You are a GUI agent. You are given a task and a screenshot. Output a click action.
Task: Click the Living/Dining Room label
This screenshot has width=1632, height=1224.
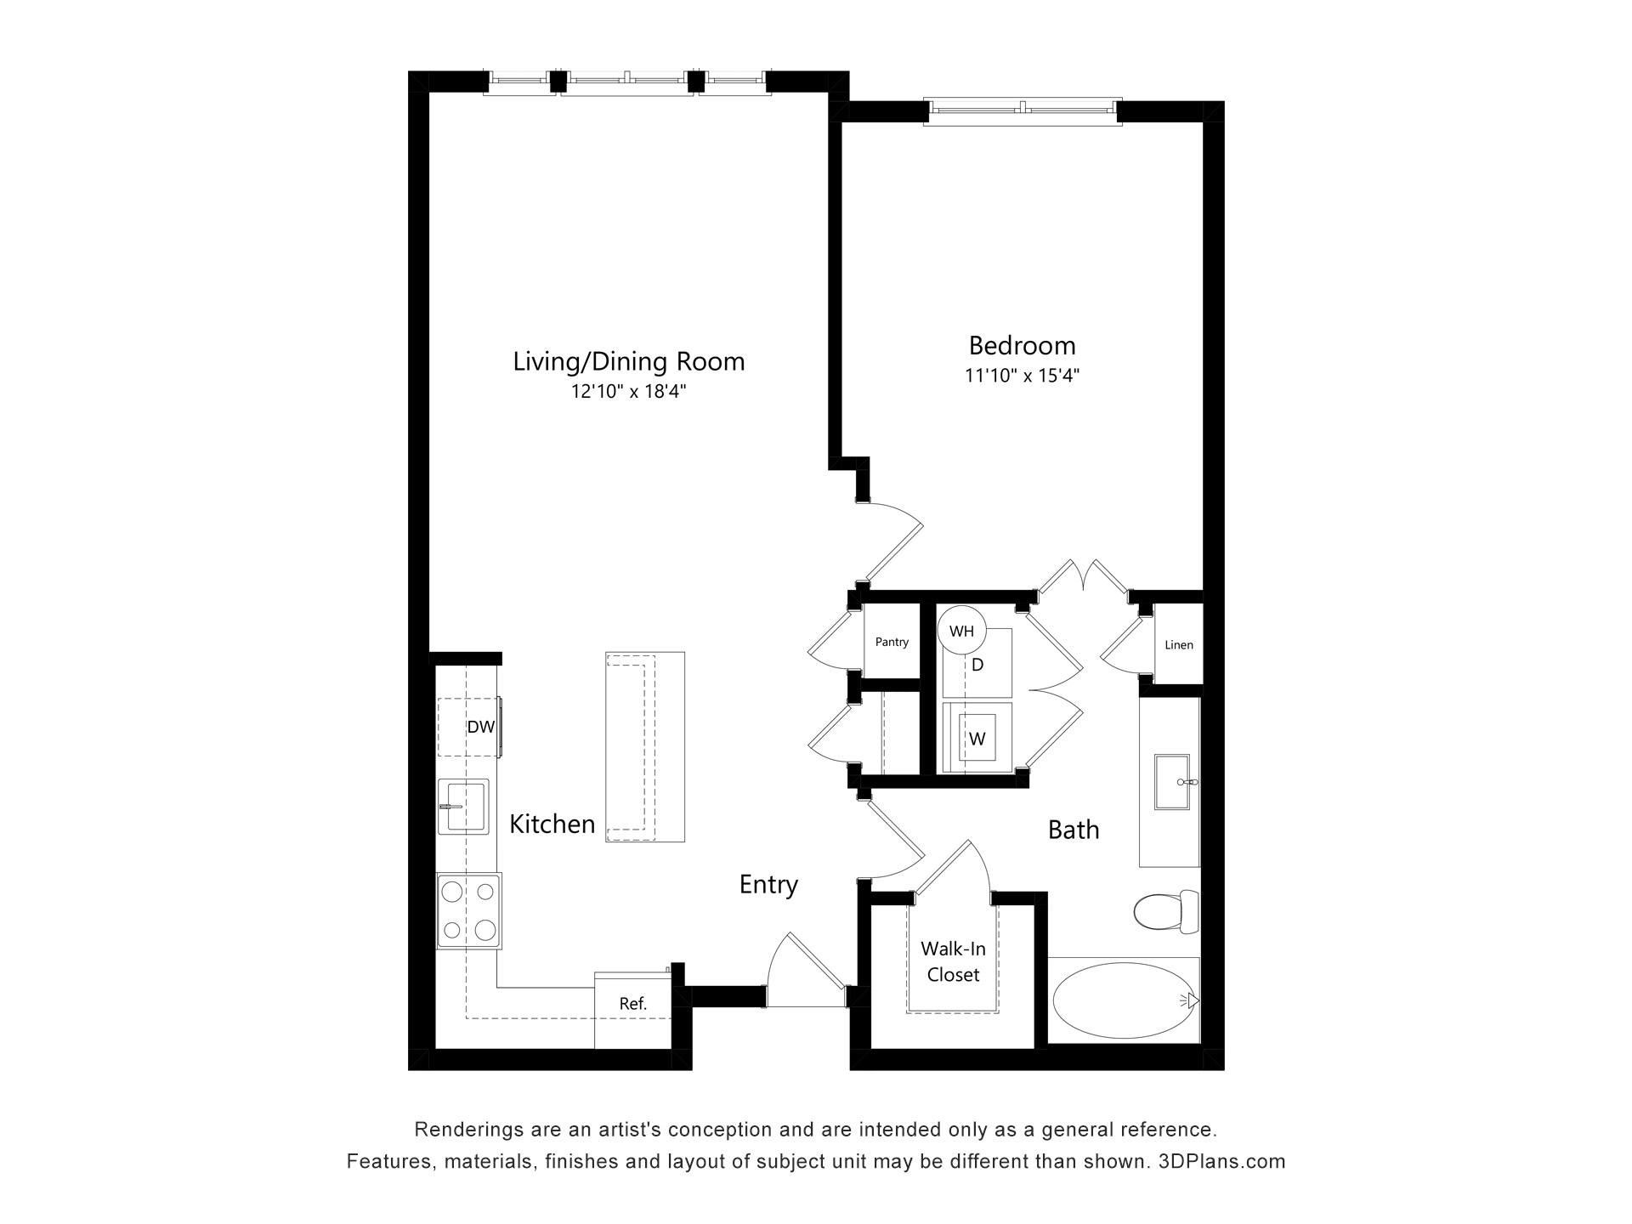628,362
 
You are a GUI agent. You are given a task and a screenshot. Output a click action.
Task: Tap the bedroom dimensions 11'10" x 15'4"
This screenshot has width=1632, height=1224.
1022,376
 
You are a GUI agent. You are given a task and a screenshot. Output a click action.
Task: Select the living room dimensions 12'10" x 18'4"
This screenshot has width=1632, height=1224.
628,392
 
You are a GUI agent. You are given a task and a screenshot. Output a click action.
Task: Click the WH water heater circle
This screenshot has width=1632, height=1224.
961,631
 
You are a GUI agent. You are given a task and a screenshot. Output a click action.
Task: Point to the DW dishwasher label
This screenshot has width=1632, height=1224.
480,727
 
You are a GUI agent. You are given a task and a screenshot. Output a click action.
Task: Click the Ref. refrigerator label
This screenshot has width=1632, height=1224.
633,1004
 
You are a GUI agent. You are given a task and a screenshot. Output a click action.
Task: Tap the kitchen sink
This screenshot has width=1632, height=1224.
463,807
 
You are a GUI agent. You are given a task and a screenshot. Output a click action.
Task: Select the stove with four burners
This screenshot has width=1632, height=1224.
469,911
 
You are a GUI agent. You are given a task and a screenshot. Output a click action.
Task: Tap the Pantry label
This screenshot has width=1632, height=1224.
892,642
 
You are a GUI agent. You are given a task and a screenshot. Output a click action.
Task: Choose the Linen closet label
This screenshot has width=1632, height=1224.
1179,645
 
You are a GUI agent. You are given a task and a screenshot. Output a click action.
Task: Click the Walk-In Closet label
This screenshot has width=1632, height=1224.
954,961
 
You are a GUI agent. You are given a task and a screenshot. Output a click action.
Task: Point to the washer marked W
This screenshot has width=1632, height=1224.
977,739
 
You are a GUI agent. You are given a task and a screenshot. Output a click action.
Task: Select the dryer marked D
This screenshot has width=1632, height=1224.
977,664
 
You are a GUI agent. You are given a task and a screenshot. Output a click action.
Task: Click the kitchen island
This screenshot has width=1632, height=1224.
645,747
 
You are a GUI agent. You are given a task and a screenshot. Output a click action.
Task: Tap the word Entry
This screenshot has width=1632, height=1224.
768,885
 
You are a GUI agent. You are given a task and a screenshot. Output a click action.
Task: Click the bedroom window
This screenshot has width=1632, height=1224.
1023,110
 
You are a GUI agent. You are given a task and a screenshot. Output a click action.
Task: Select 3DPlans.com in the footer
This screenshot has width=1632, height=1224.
1221,1161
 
